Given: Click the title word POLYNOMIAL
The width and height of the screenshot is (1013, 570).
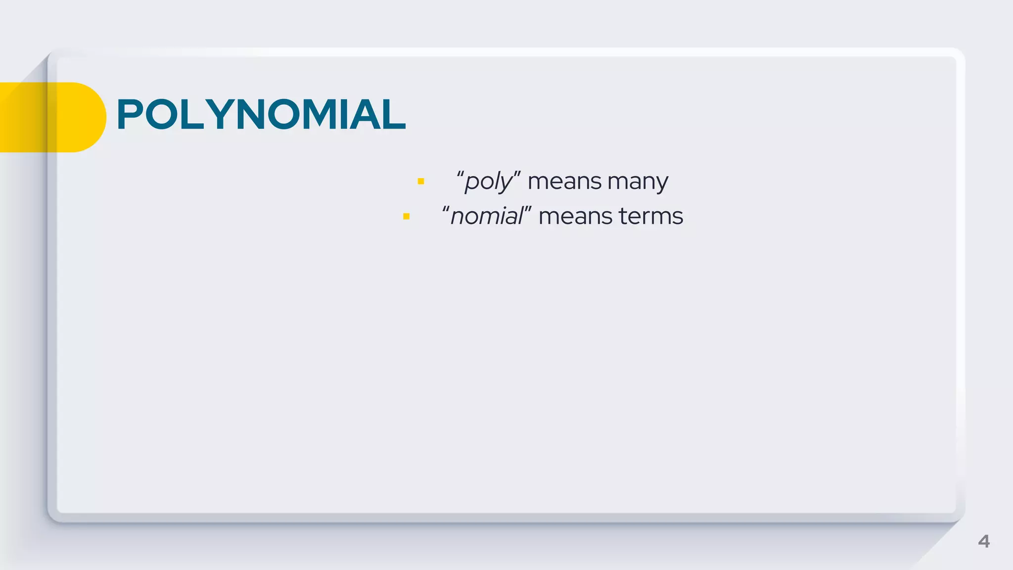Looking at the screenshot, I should [x=261, y=115].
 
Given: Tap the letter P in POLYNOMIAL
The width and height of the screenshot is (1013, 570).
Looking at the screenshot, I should [x=130, y=115].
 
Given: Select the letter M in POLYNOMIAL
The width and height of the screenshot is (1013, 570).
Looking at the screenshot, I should [x=324, y=115].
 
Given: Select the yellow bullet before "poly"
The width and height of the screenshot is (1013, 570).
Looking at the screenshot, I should [x=421, y=182].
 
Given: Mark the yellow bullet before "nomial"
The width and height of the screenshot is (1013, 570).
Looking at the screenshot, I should [x=406, y=216].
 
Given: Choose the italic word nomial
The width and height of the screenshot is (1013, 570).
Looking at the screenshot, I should [x=486, y=217].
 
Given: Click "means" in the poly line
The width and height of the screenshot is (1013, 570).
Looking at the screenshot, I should [x=564, y=182].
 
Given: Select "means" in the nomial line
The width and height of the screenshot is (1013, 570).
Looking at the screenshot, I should [x=575, y=217].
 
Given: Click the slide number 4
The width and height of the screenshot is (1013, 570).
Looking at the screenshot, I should [x=983, y=541].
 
